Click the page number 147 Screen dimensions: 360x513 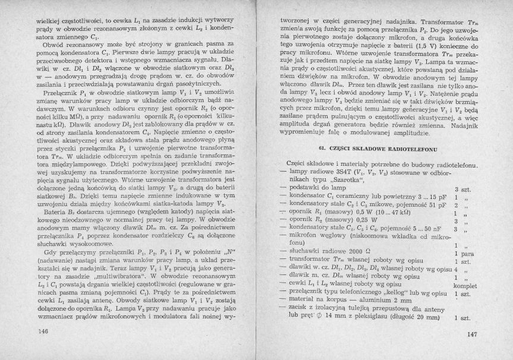[473, 334]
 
